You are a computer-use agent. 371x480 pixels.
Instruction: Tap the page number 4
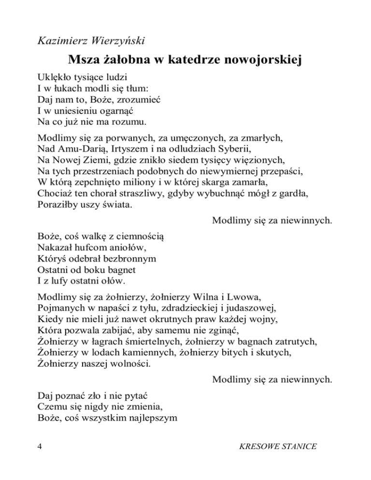coord(40,447)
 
